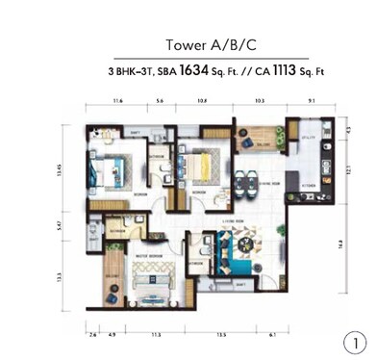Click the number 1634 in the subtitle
click(x=194, y=71)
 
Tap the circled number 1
click(x=352, y=340)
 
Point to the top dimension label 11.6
click(x=116, y=99)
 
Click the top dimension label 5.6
click(x=161, y=99)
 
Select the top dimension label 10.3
click(x=260, y=99)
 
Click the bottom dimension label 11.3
click(x=154, y=335)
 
